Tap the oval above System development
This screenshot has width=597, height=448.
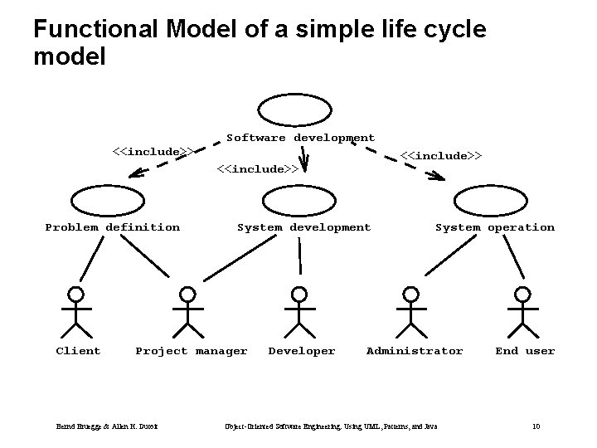pos(299,199)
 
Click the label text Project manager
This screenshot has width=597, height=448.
pos(192,351)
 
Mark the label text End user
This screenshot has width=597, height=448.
pos(525,351)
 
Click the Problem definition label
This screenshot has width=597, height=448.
pos(112,227)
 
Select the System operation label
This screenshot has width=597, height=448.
pos(495,227)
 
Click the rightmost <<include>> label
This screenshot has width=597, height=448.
pos(441,155)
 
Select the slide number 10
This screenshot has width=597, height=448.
pos(536,426)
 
